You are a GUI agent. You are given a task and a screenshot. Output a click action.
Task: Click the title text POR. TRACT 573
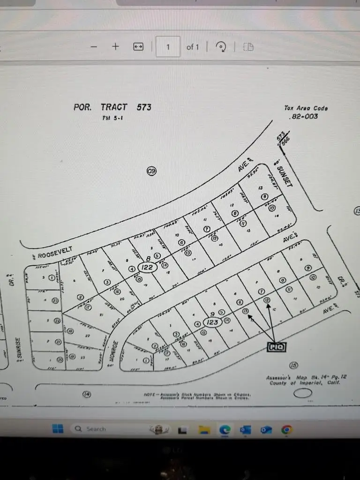[x=112, y=107]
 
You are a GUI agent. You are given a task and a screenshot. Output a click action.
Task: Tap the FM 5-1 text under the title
[x=113, y=118]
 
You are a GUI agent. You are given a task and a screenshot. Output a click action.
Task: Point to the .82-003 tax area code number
[x=304, y=116]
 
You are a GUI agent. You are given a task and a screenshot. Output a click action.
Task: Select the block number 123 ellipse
[x=212, y=322]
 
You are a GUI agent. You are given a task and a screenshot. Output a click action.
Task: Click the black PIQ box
[x=276, y=347]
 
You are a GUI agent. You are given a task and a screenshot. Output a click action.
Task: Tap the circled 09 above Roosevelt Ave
[x=151, y=171]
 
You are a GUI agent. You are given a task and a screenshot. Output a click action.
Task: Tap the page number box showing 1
[x=168, y=47]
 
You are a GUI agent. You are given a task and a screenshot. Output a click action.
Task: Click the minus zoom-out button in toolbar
[x=94, y=47]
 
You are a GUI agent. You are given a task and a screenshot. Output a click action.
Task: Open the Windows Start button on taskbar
[x=58, y=429]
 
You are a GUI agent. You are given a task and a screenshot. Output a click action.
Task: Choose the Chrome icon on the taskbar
[x=287, y=429]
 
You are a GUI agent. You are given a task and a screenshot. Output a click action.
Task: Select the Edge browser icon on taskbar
[x=225, y=429]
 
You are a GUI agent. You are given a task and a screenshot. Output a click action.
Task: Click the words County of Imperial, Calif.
[x=304, y=383]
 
